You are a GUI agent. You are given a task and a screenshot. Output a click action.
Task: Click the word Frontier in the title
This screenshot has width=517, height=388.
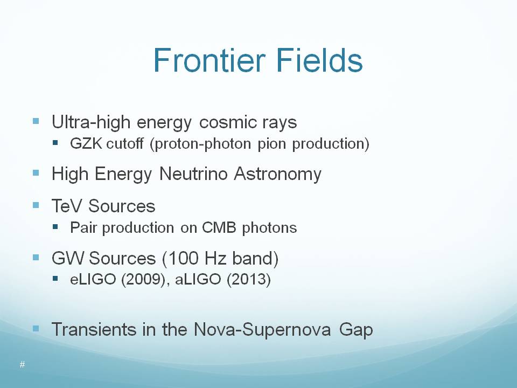click(x=209, y=60)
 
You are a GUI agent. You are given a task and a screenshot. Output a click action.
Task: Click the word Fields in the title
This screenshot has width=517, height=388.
click(x=319, y=60)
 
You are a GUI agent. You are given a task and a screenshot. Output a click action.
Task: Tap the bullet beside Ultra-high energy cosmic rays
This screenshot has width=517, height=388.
click(x=36, y=121)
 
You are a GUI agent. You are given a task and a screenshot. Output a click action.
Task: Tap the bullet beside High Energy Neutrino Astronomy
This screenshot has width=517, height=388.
click(x=36, y=172)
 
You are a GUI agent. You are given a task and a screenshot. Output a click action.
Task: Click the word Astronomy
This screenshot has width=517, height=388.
click(x=278, y=175)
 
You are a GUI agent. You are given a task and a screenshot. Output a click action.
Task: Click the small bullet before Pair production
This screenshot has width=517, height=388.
click(x=55, y=227)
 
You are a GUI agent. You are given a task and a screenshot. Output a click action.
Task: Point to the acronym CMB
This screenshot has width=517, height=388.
click(x=219, y=227)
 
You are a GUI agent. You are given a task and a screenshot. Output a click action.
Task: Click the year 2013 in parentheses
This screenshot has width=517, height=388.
click(x=249, y=280)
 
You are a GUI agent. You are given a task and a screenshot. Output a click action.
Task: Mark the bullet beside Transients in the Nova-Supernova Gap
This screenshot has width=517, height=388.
click(x=36, y=328)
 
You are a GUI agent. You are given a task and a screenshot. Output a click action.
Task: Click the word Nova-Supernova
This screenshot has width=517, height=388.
click(x=262, y=330)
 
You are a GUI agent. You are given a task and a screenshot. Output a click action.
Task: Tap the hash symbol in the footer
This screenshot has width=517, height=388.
click(x=22, y=364)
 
